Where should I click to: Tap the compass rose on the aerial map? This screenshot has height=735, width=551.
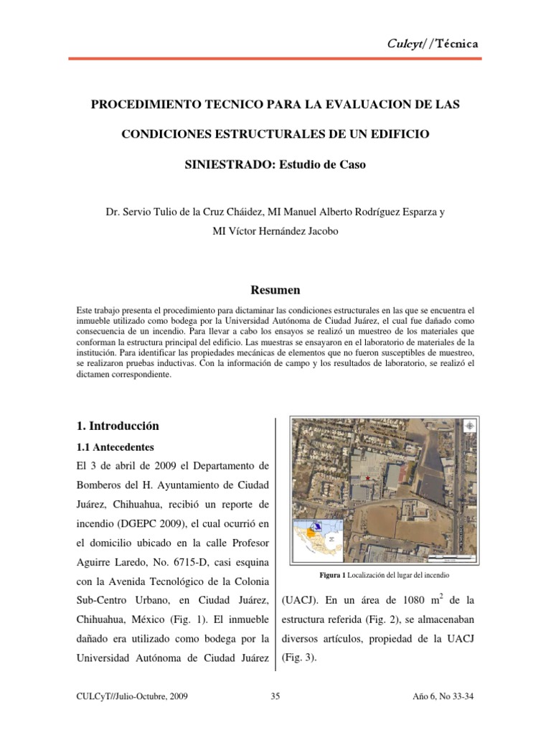pos(469,426)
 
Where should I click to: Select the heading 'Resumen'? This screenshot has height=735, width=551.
pos(275,290)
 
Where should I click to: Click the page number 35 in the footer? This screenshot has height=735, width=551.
pos(275,696)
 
